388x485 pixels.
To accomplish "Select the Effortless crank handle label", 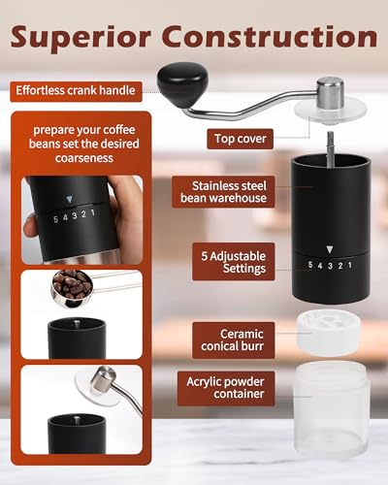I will click(77, 92).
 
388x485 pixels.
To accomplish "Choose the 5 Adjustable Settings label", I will click(233, 261).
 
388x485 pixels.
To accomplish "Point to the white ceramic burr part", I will click(330, 332).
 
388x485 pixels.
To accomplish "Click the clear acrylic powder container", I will click(330, 406).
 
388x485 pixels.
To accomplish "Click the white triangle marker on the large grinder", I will click(329, 248).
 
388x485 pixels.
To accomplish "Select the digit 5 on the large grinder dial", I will click(309, 263).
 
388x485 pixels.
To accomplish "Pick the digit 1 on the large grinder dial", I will click(349, 263).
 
